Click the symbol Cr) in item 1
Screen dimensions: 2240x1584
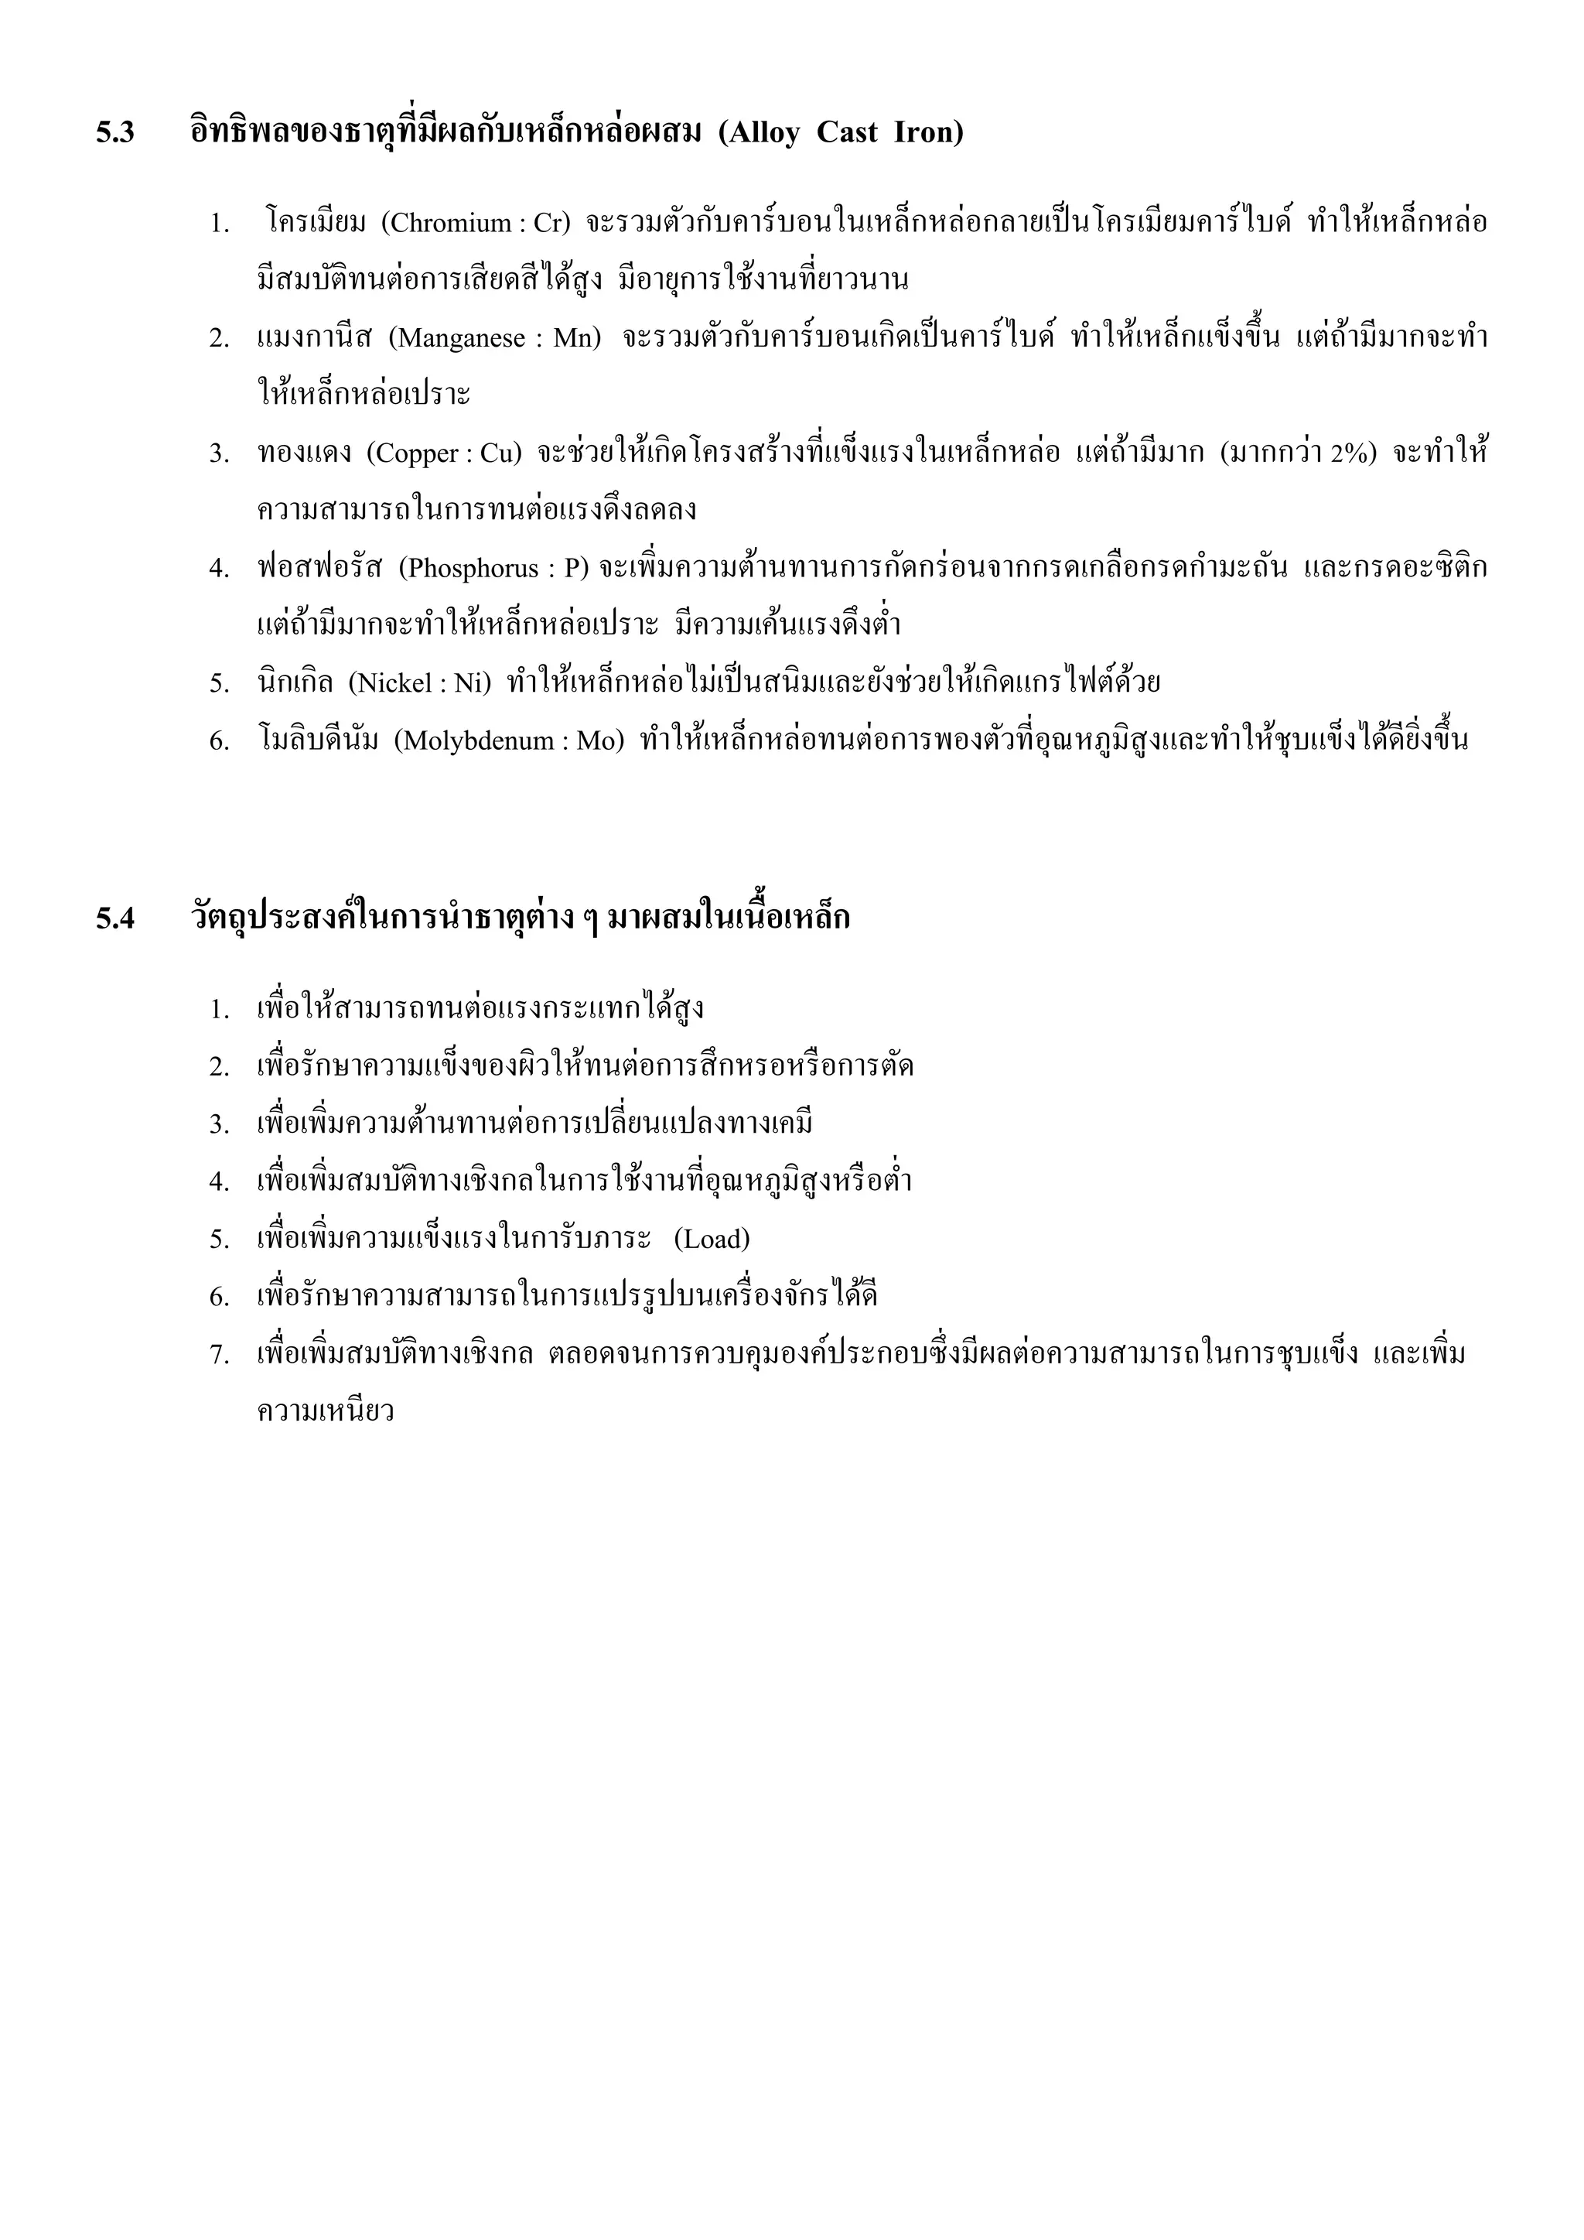coord(551,224)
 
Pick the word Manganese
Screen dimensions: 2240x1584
coord(460,339)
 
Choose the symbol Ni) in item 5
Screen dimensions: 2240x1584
coord(472,683)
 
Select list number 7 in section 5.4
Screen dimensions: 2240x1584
coord(218,1355)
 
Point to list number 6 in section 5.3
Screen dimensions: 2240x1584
coord(218,741)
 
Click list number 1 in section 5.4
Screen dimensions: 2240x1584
coord(218,1010)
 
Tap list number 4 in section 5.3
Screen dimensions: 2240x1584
coord(218,569)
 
